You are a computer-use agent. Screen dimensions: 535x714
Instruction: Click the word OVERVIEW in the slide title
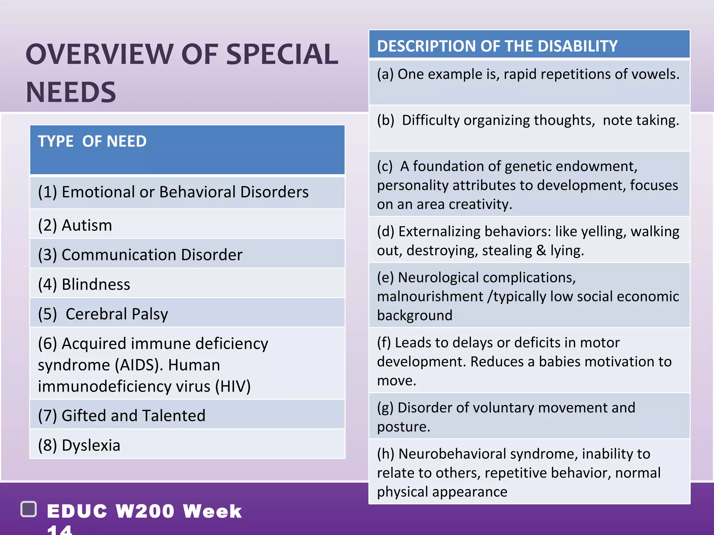(99, 54)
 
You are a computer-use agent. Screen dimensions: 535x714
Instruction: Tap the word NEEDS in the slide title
(71, 92)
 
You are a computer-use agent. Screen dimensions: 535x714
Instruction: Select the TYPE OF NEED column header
(92, 141)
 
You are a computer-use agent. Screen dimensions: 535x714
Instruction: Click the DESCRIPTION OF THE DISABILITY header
(497, 46)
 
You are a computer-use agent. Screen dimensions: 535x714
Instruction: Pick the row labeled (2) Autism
(75, 225)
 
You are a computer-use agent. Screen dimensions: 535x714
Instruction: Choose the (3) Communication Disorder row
(140, 255)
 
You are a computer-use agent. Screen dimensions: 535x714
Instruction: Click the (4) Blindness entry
(84, 285)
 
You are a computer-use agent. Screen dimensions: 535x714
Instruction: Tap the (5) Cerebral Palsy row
(103, 314)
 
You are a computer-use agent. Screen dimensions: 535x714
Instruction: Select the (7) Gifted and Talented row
(122, 416)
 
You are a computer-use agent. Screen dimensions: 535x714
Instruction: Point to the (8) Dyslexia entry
(79, 445)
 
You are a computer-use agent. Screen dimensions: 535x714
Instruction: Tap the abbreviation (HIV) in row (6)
(233, 386)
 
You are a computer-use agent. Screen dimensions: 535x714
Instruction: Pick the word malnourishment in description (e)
(430, 296)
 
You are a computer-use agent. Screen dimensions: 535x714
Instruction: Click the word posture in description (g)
(403, 427)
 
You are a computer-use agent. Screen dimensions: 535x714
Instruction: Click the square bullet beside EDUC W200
(29, 509)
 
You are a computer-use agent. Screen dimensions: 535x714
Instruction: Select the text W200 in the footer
(145, 511)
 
